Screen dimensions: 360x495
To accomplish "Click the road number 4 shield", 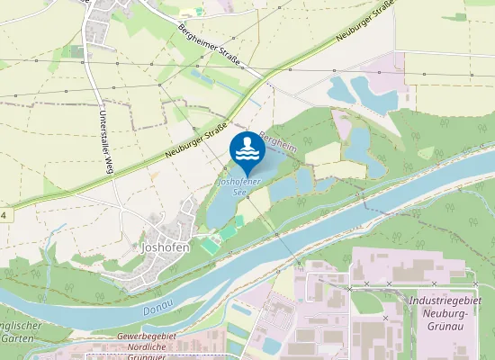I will click(x=4, y=216).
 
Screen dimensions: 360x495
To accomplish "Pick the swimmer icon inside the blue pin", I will click(x=246, y=148).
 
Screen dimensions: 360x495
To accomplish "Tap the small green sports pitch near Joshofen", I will click(x=210, y=244).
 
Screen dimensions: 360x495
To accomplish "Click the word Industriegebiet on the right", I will click(x=445, y=301).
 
